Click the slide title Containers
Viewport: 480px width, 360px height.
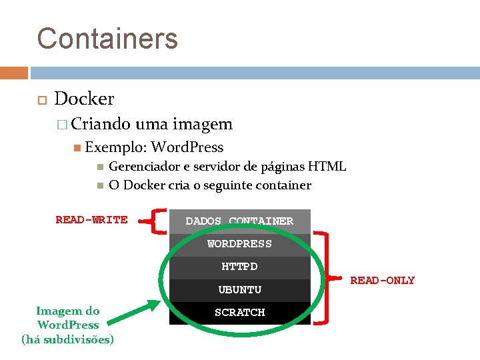107,38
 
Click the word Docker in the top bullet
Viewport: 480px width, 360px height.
84,99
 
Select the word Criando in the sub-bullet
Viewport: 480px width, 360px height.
101,124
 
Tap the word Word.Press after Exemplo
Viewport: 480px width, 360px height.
187,147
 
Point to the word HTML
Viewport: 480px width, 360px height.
326,167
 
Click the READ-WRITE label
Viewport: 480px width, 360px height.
91,220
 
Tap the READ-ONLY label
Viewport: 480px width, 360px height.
382,281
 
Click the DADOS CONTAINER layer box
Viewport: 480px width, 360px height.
239,221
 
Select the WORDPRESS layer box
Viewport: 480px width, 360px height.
239,244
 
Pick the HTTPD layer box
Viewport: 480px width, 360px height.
239,267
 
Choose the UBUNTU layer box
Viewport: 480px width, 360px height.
239,290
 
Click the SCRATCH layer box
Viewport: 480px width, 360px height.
239,313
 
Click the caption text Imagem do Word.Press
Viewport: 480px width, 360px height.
67,318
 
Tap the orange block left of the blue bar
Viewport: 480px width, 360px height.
14,73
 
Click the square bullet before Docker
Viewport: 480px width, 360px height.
41,99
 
